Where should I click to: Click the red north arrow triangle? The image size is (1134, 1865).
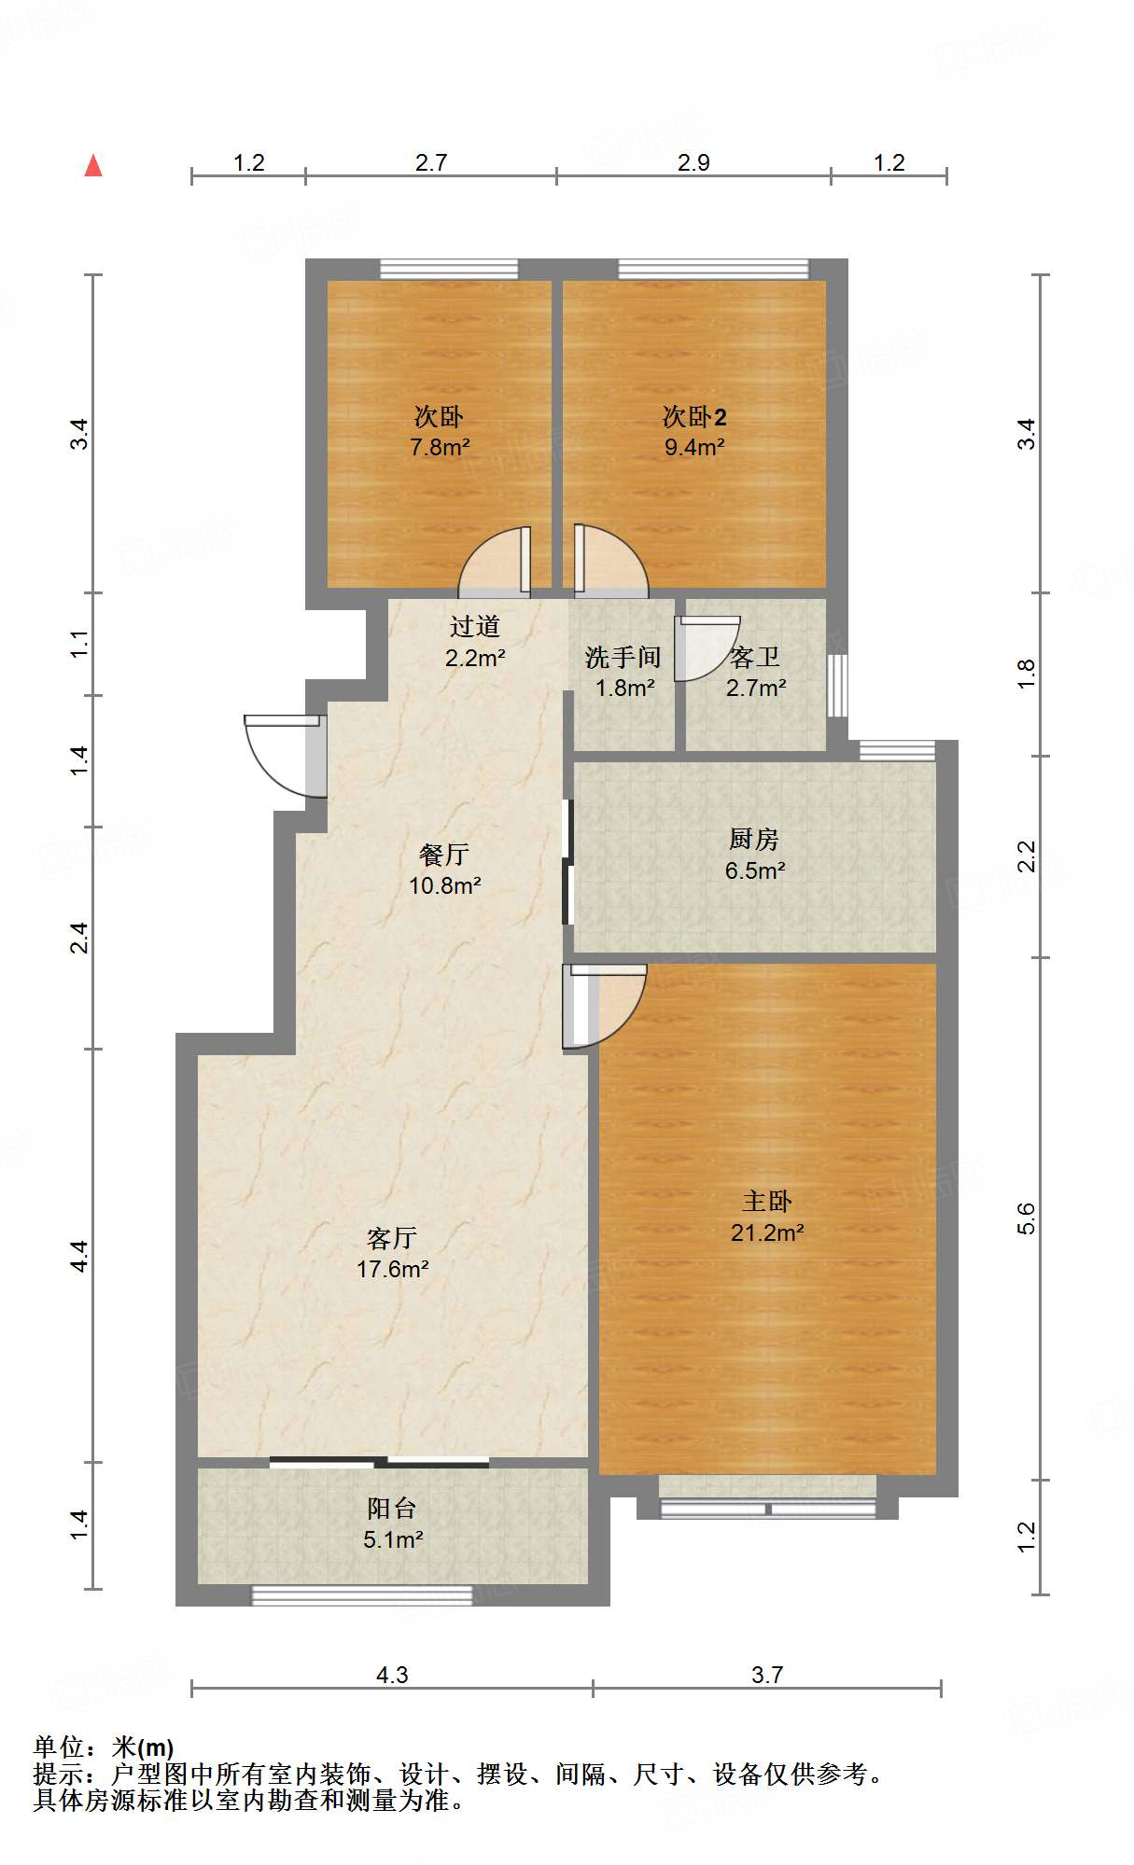click(93, 165)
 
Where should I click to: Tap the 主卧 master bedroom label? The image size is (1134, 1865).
click(767, 1201)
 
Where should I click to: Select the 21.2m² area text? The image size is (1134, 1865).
click(767, 1232)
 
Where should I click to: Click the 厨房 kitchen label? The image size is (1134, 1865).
click(754, 839)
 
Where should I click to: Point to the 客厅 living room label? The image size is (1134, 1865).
click(392, 1238)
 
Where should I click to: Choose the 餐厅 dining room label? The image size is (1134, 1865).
click(444, 854)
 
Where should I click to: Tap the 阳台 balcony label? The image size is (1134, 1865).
click(392, 1509)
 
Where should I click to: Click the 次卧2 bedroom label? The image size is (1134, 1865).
click(694, 416)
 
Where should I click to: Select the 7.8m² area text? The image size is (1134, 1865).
click(440, 447)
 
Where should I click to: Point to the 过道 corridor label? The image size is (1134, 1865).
click(475, 626)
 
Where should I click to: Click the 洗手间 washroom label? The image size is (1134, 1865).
click(623, 657)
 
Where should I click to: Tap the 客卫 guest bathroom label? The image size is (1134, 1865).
click(755, 657)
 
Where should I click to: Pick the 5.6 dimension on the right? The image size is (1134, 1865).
click(1026, 1218)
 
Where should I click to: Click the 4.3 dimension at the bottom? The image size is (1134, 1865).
click(392, 1675)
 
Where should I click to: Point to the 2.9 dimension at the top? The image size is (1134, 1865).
click(693, 162)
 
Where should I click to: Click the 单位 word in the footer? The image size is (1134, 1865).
click(58, 1747)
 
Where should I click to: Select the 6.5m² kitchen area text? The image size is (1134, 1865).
click(755, 870)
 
